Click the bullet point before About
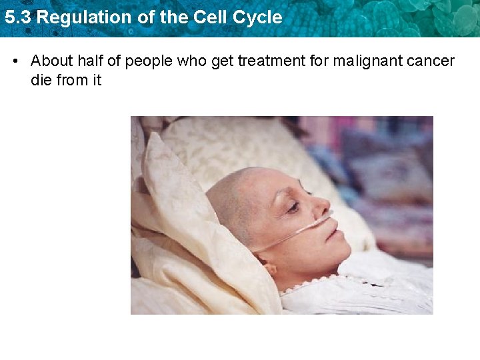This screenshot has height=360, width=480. point(15,61)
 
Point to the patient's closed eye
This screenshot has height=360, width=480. point(293,208)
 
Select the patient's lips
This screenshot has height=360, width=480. point(337,234)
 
